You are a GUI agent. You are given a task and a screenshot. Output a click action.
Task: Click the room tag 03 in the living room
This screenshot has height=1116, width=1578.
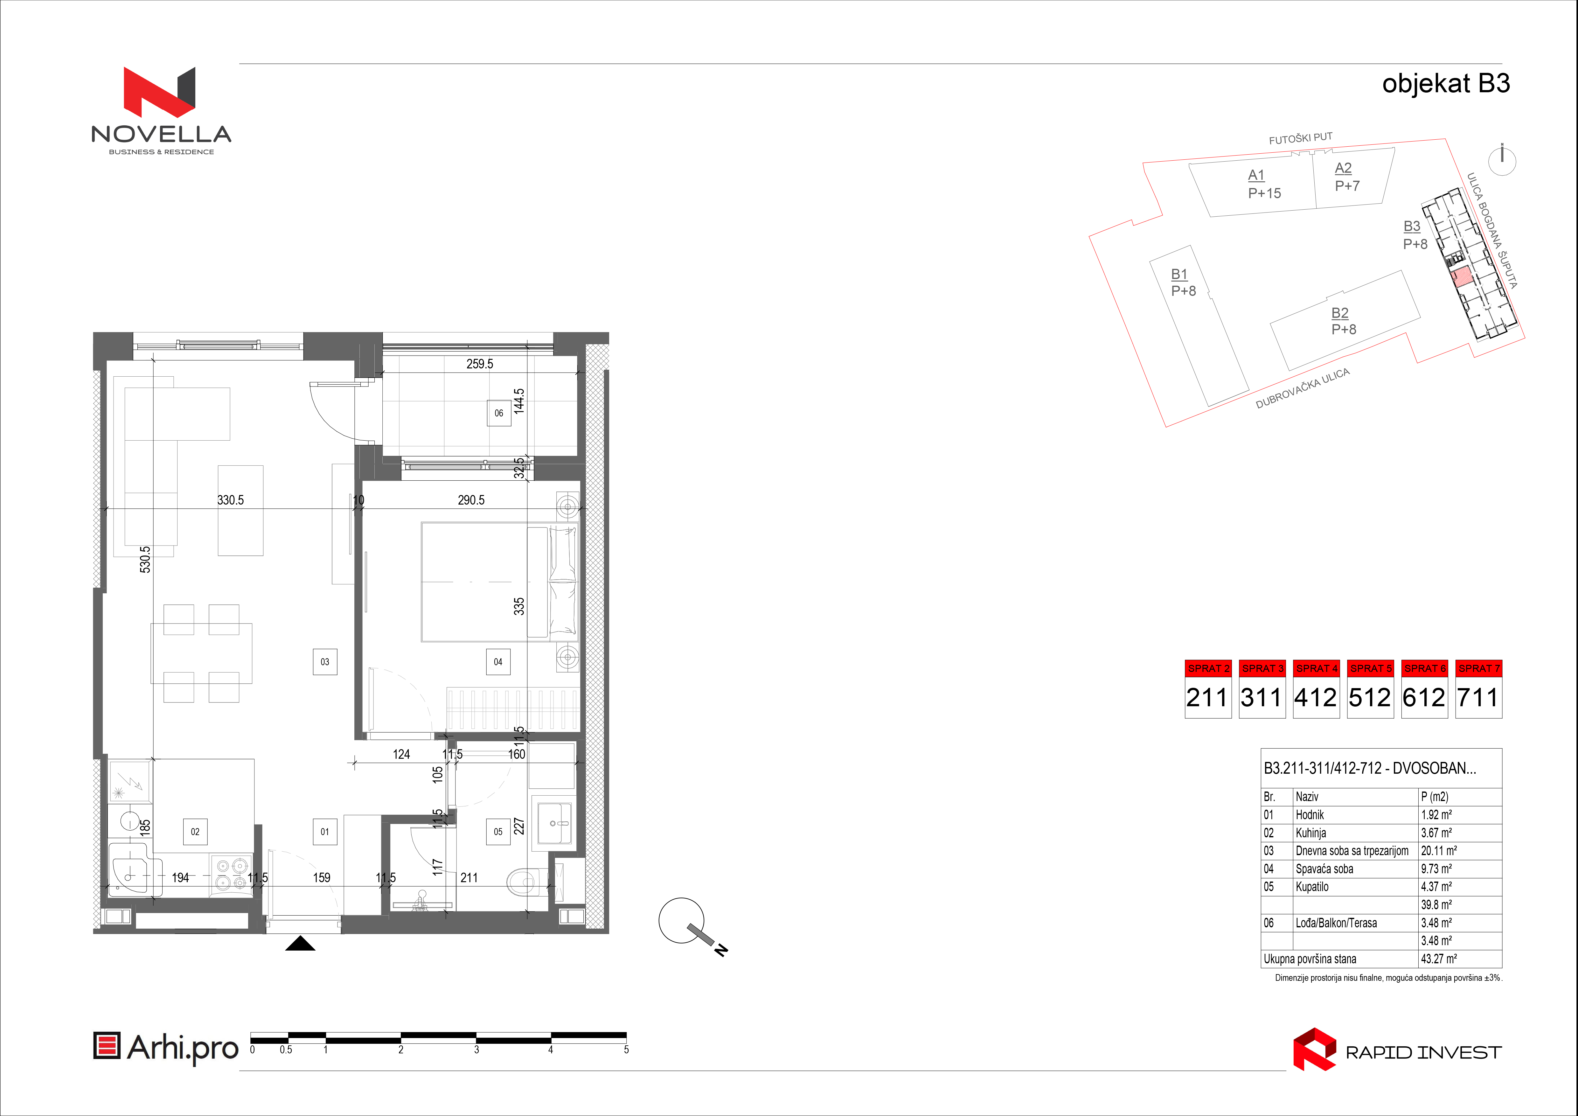click(x=325, y=662)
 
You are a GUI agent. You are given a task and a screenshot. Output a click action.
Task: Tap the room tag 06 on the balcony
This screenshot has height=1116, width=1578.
click(x=499, y=413)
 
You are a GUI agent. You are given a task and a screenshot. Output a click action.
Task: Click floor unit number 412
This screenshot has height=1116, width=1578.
click(x=1316, y=697)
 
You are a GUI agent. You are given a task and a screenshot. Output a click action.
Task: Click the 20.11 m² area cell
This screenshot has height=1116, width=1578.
click(x=1439, y=851)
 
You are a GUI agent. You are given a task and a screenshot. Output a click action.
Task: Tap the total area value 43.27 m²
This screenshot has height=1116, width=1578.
click(x=1439, y=959)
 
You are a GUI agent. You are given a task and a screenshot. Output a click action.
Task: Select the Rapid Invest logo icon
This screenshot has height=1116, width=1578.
click(x=1314, y=1049)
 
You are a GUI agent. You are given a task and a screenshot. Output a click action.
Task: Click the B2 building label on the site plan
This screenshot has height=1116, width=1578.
click(x=1340, y=313)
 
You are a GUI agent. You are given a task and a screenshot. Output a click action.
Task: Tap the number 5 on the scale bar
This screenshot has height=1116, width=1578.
click(x=626, y=1050)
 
